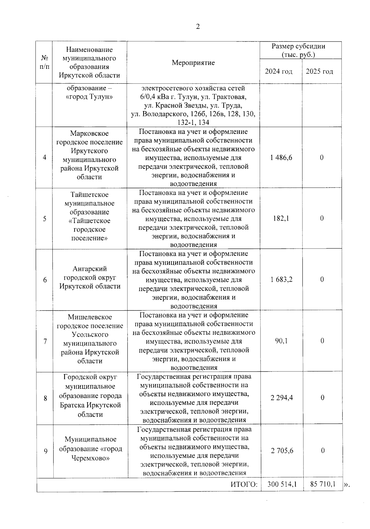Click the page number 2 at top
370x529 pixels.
point(198,27)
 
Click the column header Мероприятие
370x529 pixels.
point(193,63)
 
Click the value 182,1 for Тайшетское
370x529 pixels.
point(281,218)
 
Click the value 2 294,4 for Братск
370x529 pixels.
point(282,398)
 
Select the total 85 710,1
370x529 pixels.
point(323,484)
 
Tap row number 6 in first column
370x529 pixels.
point(45,280)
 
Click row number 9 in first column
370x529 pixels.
point(46,451)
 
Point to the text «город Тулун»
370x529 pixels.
point(89,97)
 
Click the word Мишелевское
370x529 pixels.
point(90,317)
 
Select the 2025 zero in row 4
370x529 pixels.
point(322,158)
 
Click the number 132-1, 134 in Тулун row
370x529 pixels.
point(193,122)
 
